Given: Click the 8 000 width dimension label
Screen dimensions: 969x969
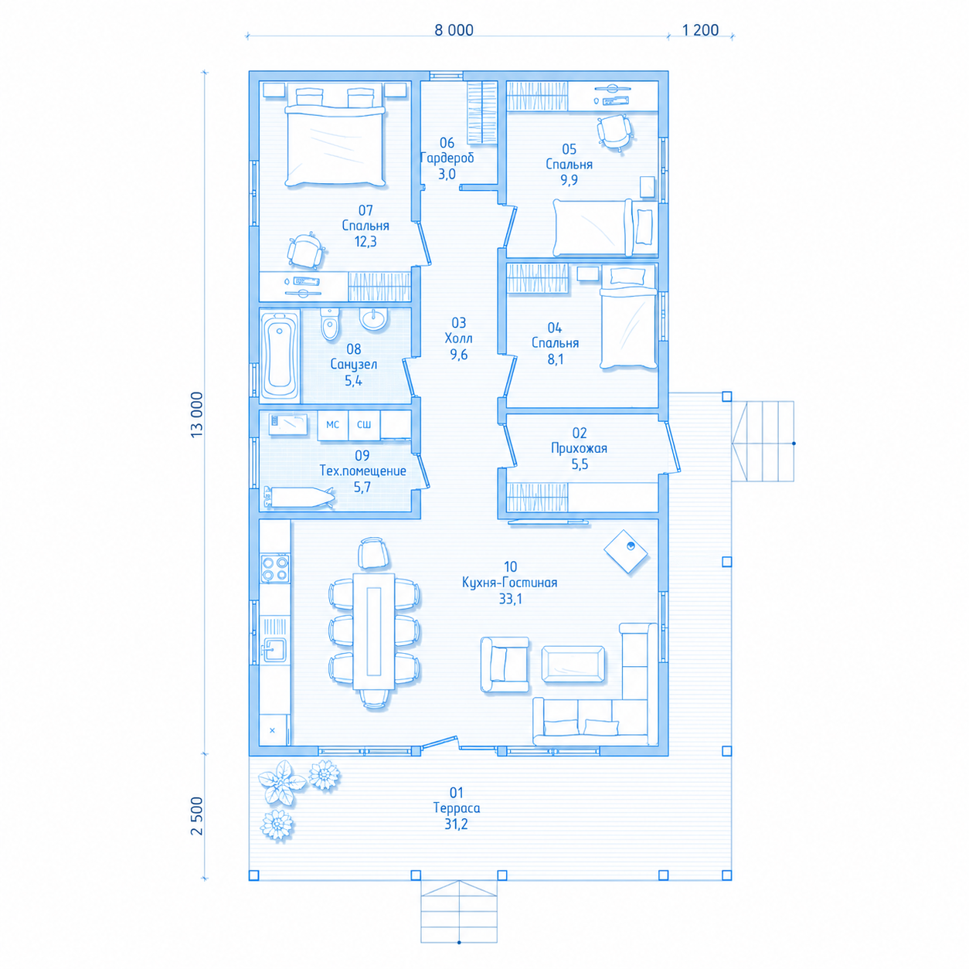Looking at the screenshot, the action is (454, 30).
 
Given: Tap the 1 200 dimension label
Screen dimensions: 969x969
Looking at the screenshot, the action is (700, 30).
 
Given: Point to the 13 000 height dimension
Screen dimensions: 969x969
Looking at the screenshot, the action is (197, 414).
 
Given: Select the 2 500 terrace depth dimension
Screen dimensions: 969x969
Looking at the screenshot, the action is (197, 816).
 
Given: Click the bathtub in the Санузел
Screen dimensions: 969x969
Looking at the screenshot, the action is (280, 355).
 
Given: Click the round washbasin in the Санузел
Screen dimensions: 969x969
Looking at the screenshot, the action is (374, 318).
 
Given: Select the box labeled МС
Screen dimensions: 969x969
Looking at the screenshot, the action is (332, 425).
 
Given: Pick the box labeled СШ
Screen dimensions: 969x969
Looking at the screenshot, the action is (364, 425).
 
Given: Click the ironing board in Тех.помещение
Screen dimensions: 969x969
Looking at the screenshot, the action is (300, 497).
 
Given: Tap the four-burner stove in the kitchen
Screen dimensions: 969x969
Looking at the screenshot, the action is (274, 568).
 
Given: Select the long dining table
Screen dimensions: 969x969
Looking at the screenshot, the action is (374, 631).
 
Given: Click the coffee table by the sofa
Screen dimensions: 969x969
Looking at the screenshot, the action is (573, 664).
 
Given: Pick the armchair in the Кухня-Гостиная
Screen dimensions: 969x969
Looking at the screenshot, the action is (505, 665).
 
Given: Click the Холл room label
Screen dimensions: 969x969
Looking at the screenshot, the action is (458, 338).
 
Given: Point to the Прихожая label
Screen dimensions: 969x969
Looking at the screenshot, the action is (579, 448).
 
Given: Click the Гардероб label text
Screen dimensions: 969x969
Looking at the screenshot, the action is (447, 158).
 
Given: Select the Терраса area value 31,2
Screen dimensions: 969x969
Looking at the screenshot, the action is (456, 824).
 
